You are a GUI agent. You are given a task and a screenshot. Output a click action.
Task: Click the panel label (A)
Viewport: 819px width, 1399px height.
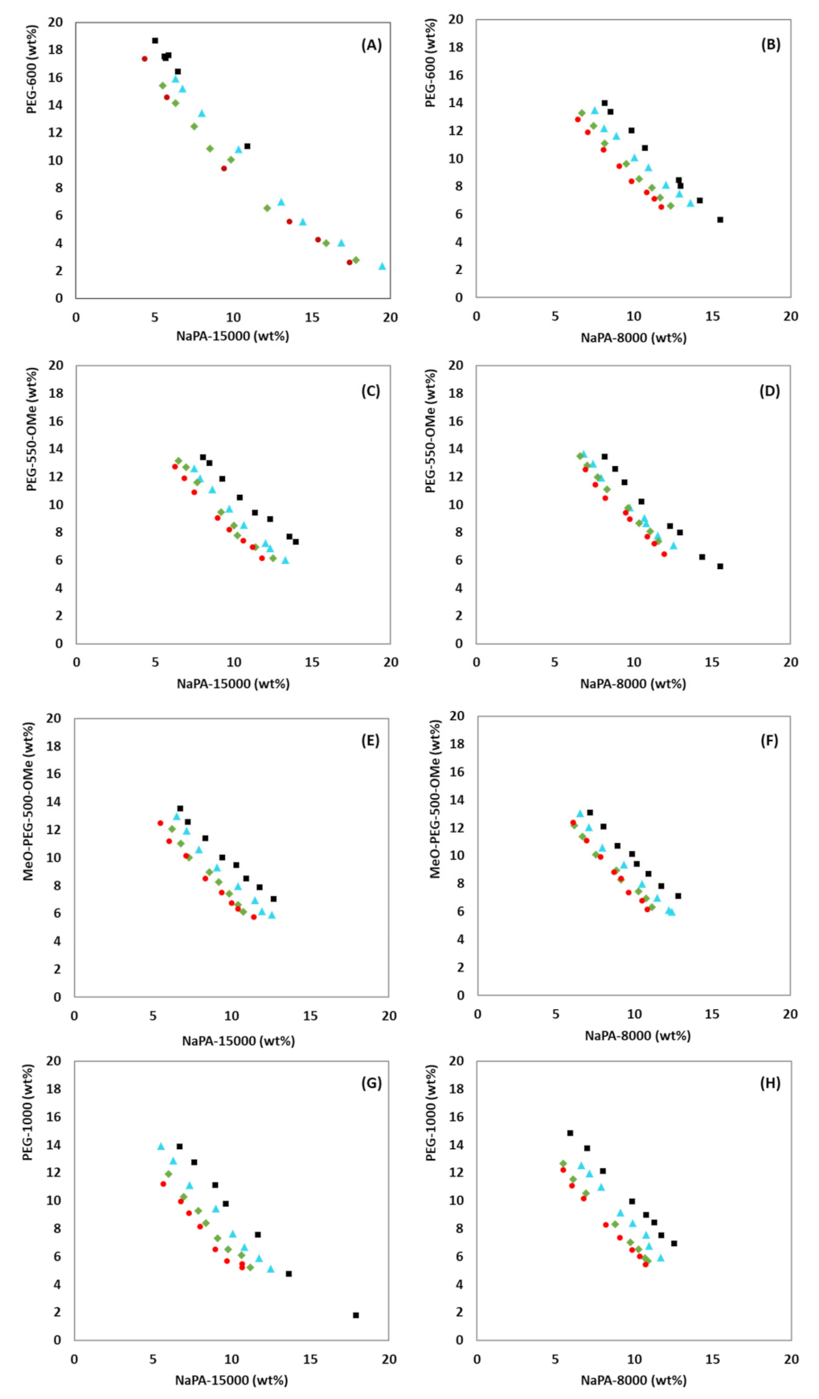pos(371,45)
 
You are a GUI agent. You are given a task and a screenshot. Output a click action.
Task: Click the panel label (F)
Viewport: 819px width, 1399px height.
pos(769,740)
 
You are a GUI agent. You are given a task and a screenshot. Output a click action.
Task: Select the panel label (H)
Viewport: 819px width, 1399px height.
pos(770,1083)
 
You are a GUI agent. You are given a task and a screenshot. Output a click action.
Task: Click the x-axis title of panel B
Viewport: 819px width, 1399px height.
pos(633,337)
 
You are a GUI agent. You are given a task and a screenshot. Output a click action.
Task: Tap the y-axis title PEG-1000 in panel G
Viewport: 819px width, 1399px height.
pos(28,1112)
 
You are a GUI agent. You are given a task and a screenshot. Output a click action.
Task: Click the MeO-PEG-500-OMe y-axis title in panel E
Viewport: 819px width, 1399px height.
pos(29,801)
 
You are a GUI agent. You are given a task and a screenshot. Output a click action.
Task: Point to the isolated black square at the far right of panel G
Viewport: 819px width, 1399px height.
pos(356,1315)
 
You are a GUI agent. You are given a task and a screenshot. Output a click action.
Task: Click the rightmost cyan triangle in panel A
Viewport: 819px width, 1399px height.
pos(383,266)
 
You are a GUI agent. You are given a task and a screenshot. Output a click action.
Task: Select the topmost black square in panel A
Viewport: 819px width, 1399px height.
pos(155,40)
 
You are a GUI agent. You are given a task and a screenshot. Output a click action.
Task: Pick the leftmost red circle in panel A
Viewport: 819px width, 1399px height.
pos(145,59)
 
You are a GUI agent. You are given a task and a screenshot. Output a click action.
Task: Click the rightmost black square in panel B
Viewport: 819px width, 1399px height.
pos(720,219)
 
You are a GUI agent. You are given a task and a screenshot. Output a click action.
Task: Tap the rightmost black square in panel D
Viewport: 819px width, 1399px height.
pos(720,567)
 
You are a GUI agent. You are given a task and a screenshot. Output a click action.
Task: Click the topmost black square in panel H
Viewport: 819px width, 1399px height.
pos(571,1133)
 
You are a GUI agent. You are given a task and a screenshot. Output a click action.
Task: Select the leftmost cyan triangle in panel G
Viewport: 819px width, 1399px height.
pos(161,1147)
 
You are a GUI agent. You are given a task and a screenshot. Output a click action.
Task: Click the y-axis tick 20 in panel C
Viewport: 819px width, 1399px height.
pos(56,366)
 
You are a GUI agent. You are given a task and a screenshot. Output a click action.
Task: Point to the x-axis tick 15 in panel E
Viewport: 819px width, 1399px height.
pos(310,1016)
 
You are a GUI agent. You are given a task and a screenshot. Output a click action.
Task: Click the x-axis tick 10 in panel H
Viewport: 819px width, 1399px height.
pos(634,1359)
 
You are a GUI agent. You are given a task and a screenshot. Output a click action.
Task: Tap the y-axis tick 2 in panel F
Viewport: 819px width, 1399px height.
pos(461,967)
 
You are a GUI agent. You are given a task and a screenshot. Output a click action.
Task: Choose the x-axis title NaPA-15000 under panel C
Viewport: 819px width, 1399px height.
pos(233,684)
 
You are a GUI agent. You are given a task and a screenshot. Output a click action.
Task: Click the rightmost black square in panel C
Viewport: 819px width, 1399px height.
pos(296,542)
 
